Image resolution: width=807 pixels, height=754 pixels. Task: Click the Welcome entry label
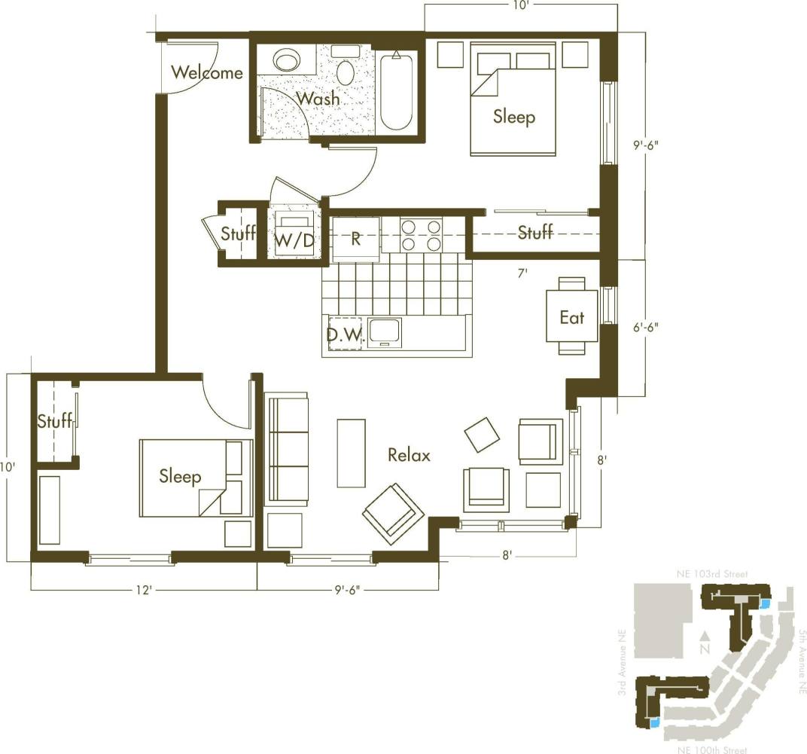tap(207, 72)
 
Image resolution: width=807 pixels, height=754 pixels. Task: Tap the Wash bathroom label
tap(318, 98)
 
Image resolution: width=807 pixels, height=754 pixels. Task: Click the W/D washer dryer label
tap(293, 240)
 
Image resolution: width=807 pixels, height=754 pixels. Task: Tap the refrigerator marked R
tap(356, 239)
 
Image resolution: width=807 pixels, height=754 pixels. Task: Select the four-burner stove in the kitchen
tap(421, 234)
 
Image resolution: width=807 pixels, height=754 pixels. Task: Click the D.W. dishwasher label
tap(345, 334)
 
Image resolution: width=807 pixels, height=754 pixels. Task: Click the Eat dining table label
tap(572, 317)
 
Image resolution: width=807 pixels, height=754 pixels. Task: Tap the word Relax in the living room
tap(409, 455)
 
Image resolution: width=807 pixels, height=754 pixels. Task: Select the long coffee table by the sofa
tap(351, 452)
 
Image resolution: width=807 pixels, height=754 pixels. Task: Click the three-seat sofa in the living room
tap(287, 448)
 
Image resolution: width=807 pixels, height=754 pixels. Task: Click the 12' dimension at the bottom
tap(144, 591)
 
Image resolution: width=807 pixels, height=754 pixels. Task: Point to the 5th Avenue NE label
tap(802, 661)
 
